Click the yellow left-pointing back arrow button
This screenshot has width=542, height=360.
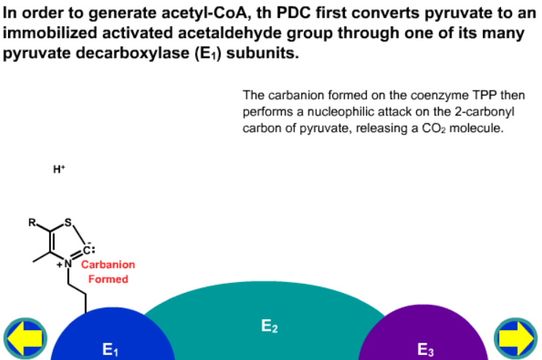(26, 338)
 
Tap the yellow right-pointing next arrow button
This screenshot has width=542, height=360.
(516, 338)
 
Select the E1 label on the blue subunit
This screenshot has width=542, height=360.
(110, 349)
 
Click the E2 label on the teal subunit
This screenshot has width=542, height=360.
(270, 326)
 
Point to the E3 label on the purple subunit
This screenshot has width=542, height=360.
(425, 349)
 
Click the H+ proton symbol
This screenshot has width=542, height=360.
(59, 169)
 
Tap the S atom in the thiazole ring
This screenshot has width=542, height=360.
(68, 222)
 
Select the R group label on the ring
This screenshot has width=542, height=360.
(32, 223)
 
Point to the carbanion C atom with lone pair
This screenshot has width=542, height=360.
(88, 250)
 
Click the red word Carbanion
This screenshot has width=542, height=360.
(108, 264)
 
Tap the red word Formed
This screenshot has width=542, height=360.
(108, 279)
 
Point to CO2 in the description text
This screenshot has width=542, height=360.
(433, 129)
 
